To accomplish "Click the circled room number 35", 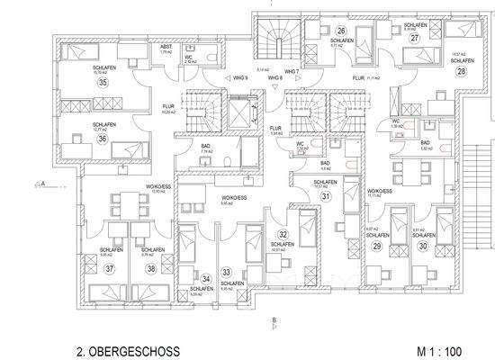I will coord(77,83).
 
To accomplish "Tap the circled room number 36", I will coord(77,139).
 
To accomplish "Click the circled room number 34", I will coord(206,278).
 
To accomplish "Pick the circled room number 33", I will coord(228,272).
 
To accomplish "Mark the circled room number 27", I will coord(415,39).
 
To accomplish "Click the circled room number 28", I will coord(462,69).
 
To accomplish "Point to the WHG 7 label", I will coord(290,70).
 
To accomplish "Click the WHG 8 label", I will coord(275,78).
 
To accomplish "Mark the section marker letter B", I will coord(274,319).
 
